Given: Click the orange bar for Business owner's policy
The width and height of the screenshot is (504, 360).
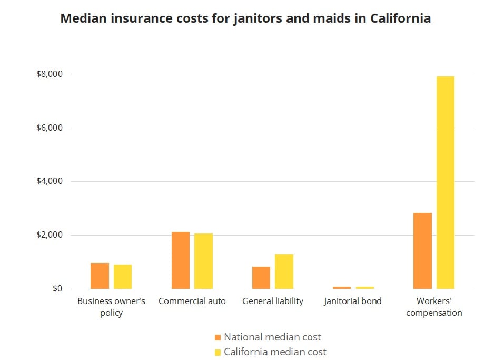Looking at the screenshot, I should [100, 276].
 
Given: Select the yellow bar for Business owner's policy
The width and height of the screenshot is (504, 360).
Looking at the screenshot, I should [123, 277].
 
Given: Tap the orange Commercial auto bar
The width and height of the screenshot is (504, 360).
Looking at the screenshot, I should [180, 260].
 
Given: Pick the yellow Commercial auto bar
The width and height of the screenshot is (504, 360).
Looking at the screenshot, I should [203, 261].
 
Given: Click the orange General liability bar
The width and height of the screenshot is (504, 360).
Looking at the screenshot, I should [261, 278].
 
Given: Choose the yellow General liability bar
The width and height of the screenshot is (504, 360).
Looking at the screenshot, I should [284, 271].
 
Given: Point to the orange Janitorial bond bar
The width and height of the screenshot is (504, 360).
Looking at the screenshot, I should [342, 288].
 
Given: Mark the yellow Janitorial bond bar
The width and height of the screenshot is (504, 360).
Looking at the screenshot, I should [365, 288].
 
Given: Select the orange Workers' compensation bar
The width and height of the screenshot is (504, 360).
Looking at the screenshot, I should [422, 251].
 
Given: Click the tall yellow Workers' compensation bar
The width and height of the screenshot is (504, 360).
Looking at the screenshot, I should [446, 182].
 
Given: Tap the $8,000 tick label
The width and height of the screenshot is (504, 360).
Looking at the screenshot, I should [49, 74].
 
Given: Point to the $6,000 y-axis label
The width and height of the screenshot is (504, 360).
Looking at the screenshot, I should [49, 128].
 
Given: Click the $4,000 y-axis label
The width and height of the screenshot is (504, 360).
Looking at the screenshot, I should [49, 182].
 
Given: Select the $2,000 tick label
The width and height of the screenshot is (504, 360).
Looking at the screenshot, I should [49, 235].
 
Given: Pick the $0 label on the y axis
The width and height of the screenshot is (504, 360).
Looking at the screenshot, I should [56, 289].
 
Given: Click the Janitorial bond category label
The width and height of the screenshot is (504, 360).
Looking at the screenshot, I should [353, 301].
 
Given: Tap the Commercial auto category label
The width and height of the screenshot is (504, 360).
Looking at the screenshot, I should [192, 301].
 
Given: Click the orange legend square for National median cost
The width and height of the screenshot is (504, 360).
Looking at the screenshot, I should [218, 337].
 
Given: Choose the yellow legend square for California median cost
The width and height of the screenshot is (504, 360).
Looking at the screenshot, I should [218, 352].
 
